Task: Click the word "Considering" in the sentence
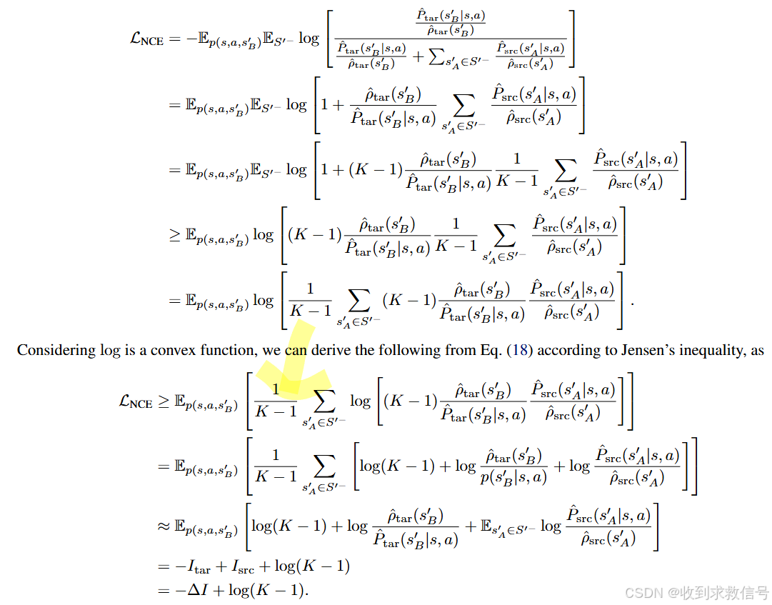(55, 351)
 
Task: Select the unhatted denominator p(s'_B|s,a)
(513, 477)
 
